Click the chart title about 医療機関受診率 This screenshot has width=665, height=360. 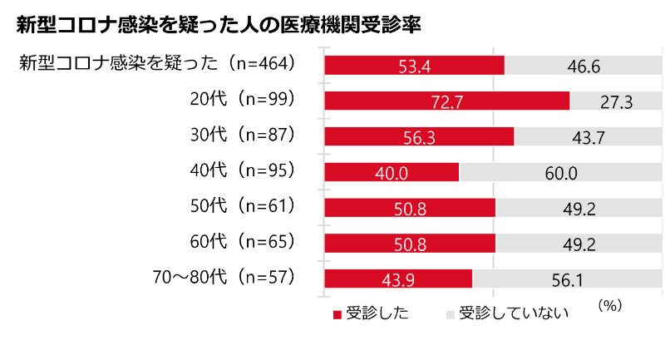click(x=218, y=25)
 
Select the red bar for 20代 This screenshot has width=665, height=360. click(x=446, y=101)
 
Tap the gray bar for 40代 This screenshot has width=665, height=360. click(x=561, y=172)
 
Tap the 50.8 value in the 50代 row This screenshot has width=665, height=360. click(x=411, y=210)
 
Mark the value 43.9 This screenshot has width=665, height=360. click(x=398, y=280)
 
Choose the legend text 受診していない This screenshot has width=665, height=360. click(x=514, y=313)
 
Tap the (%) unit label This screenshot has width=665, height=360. click(x=609, y=305)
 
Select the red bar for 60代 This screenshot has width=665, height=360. click(x=410, y=243)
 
